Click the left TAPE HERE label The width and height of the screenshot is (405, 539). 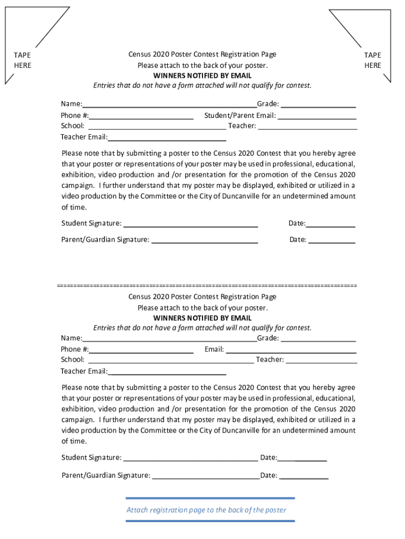click(22, 60)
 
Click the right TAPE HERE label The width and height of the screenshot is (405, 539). click(372, 60)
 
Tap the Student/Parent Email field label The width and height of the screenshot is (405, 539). click(240, 115)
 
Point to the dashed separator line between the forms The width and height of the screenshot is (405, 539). click(207, 285)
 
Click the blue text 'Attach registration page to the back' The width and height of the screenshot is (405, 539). click(206, 510)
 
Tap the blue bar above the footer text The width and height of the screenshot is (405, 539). click(210, 498)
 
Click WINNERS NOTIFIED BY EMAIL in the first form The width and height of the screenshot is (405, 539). click(202, 76)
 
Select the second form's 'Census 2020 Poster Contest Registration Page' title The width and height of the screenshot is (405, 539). click(202, 297)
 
